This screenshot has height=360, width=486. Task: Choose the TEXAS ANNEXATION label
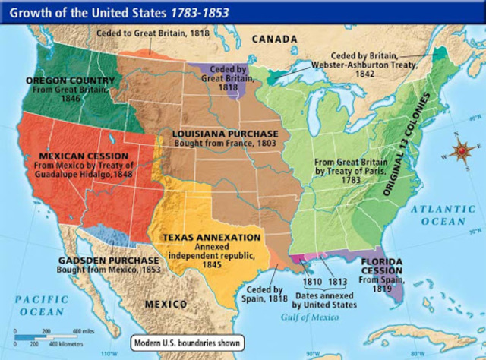tap(211, 237)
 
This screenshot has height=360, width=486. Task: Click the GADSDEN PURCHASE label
tap(106, 260)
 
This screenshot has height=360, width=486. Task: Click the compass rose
tap(460, 153)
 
